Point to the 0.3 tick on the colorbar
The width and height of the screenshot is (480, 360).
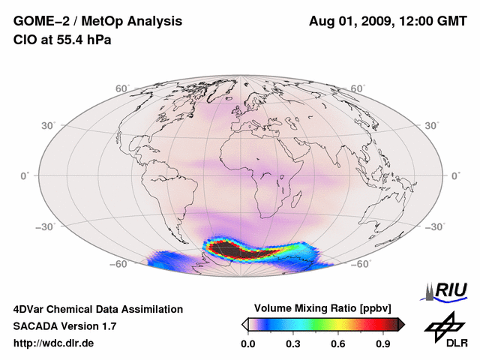tap(294, 343)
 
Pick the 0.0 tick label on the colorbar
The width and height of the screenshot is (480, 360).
tap(247, 343)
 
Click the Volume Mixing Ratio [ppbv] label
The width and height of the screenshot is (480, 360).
tap(322, 308)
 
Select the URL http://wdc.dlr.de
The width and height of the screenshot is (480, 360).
tap(54, 343)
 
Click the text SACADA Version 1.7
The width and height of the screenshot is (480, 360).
tap(64, 326)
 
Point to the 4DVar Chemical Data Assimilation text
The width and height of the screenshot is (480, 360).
tap(98, 309)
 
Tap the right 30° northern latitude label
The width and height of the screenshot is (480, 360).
tap(433, 125)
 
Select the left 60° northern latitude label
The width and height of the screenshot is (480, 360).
tap(121, 88)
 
